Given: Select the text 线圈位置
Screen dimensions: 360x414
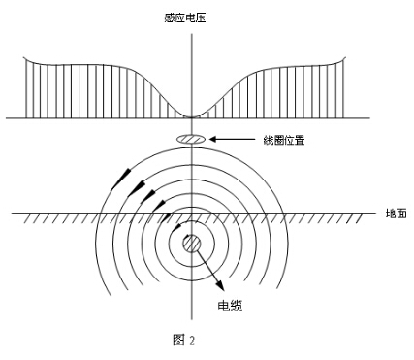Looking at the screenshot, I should (x=285, y=140).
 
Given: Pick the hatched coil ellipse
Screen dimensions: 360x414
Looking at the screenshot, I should (x=193, y=141).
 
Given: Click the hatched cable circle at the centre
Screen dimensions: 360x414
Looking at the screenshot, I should (x=194, y=242).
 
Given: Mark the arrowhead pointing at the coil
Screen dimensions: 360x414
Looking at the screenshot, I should (x=215, y=141).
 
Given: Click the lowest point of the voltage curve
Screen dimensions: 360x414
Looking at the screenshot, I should (x=194, y=116).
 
